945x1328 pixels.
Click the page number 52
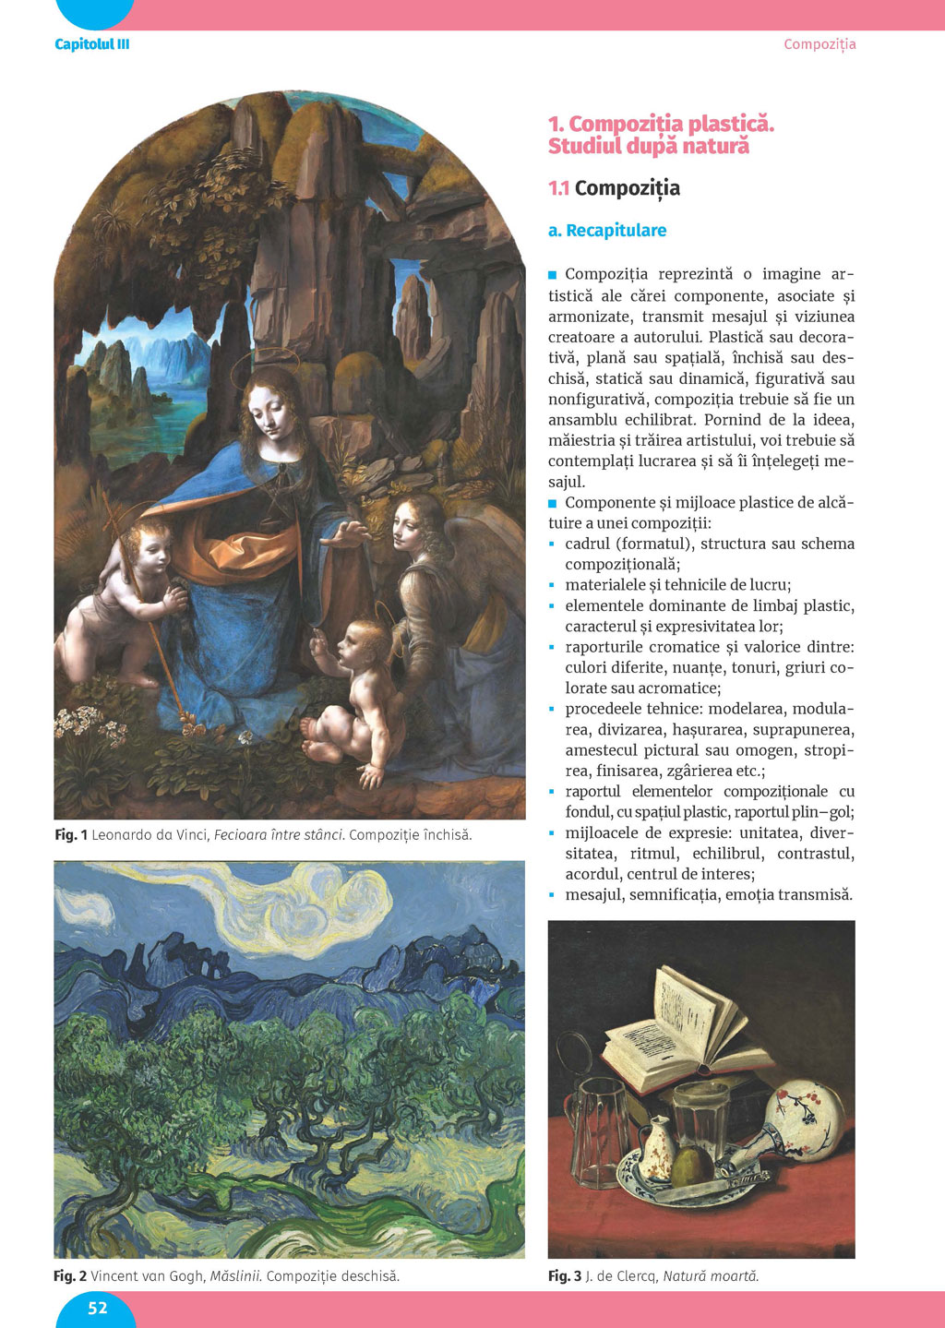click(97, 1308)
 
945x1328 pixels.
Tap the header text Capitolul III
click(92, 44)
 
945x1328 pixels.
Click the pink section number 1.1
click(558, 188)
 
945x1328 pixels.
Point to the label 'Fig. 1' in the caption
click(71, 835)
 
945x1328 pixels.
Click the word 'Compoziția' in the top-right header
click(819, 44)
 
